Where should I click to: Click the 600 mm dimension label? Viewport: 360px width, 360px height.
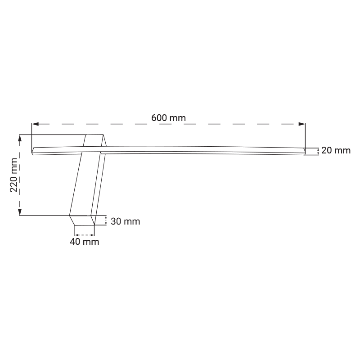coord(168,118)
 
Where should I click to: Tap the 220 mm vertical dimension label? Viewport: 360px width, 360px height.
coord(14,175)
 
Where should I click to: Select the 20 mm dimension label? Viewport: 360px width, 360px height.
coord(336,151)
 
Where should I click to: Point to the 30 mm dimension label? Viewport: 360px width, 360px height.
coord(126,221)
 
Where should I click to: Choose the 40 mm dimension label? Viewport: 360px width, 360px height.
coord(85,242)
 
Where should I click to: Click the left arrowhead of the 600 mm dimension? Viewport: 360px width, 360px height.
coord(35,124)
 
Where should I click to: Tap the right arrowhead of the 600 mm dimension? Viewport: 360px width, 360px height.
coord(302,124)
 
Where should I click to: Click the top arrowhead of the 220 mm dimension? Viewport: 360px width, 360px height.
coord(20,138)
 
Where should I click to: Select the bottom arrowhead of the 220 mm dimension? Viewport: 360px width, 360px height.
coord(20,212)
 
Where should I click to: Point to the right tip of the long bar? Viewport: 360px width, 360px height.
coord(305,151)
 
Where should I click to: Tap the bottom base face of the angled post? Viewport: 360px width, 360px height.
coord(82,220)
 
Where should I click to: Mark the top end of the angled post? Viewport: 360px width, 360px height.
coord(94,135)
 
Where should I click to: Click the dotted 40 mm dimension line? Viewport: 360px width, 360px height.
coord(85,235)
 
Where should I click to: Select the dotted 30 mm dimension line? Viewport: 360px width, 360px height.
coord(106,220)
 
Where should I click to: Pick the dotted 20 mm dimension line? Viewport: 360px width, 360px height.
coord(318,152)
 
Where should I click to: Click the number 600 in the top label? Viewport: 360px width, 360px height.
coord(159,118)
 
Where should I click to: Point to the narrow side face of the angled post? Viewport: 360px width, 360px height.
coord(99,180)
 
